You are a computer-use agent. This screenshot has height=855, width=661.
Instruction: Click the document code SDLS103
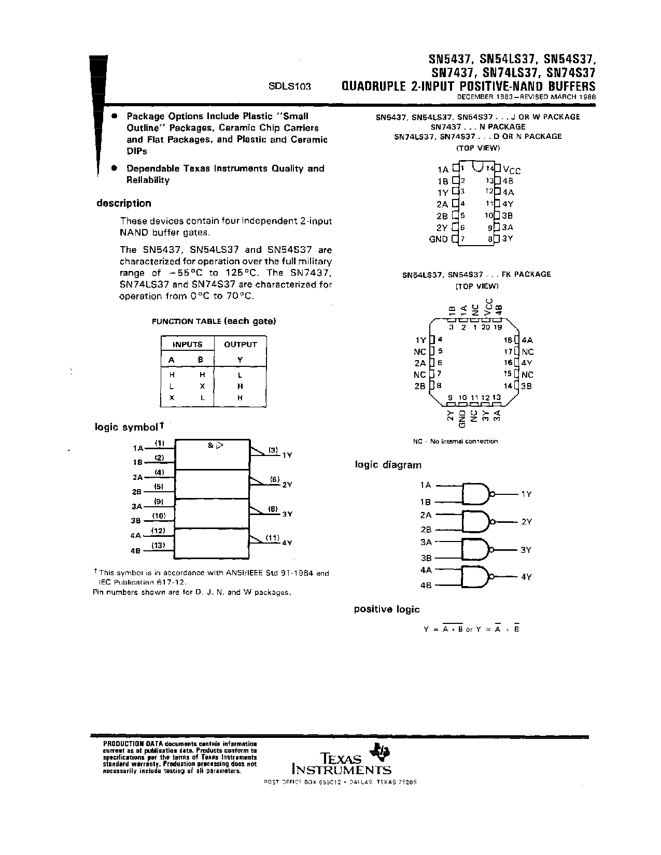289,87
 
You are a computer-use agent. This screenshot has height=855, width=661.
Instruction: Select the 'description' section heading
123,203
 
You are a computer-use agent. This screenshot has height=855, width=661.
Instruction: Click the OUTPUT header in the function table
240,344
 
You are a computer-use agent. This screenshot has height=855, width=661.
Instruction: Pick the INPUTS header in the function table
187,344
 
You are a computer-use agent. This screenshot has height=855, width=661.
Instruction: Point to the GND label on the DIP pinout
438,239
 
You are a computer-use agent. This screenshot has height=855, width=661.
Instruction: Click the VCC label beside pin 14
512,169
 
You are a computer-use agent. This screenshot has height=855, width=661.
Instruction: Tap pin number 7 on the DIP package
462,239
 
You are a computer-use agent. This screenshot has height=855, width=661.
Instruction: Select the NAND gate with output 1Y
476,494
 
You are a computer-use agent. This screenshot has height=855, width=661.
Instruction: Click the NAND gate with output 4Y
476,576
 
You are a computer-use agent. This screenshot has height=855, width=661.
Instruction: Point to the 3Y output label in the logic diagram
526,550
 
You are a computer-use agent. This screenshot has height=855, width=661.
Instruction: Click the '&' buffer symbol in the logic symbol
210,445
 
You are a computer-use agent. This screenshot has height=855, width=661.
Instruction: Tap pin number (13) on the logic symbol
158,545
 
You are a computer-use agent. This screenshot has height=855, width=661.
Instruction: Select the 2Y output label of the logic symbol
287,484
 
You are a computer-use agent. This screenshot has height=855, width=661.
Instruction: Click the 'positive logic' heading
386,609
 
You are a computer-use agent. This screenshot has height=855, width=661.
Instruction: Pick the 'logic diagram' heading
388,465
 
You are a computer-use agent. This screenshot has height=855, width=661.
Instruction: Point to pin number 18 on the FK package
508,340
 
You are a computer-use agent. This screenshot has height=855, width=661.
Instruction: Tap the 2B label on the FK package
419,386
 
